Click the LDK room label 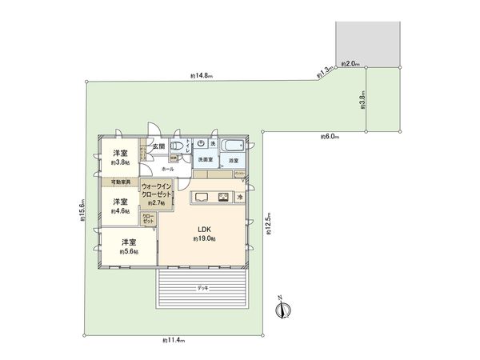(x=203, y=230)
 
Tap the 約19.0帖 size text (x=203, y=239)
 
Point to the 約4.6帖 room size (x=121, y=211)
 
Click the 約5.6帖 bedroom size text (x=129, y=252)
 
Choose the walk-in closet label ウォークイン (x=157, y=186)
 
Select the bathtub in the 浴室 (x=233, y=146)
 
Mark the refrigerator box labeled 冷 (x=239, y=197)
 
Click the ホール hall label (x=167, y=170)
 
